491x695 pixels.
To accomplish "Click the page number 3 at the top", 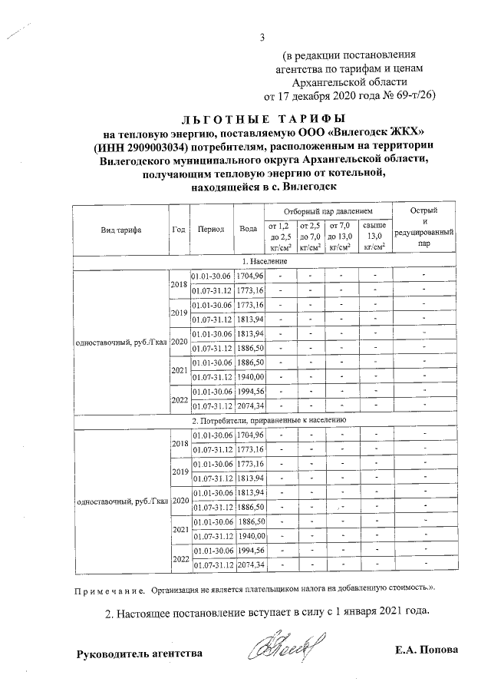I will click(x=262, y=37).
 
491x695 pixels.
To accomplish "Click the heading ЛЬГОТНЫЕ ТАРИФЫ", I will click(x=263, y=119).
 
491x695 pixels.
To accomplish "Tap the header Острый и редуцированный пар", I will click(x=423, y=229).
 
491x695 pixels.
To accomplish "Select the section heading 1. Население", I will click(x=263, y=262).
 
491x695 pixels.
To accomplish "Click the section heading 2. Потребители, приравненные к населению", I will click(x=269, y=421).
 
